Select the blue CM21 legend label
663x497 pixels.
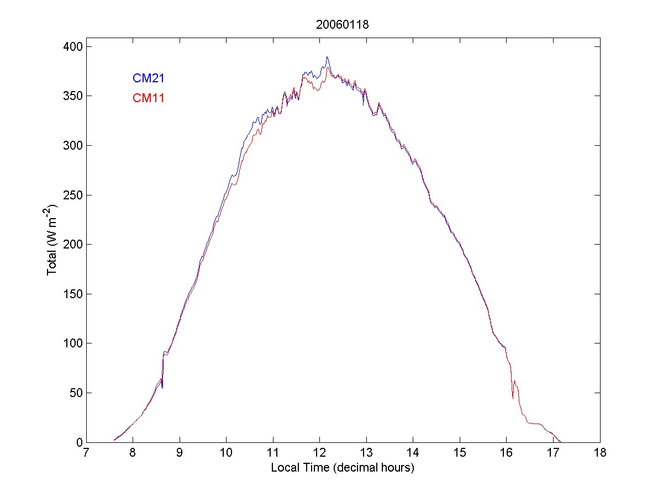148,78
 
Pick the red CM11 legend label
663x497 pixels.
148,98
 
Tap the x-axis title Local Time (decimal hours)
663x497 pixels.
343,468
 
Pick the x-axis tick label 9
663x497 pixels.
180,453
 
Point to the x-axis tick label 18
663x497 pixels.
599,453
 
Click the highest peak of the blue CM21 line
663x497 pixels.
327,57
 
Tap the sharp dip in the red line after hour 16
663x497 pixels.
513,398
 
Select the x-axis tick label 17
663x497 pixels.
553,453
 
